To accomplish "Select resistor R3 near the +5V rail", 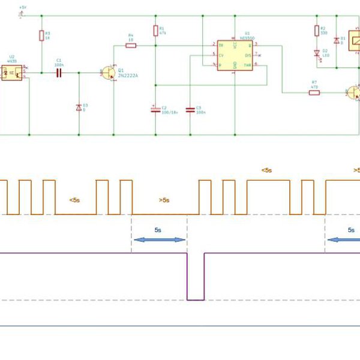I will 41,35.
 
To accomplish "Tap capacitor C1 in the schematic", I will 59,73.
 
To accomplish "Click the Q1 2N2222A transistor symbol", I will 108,73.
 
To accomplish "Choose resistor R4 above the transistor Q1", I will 131,45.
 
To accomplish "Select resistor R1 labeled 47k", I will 155,31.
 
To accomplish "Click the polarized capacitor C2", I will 155,110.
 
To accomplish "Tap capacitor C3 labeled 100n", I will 190,110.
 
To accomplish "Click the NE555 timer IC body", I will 235,55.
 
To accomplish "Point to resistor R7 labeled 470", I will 314,92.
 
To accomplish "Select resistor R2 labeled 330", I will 316,31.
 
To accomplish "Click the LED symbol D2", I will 316,53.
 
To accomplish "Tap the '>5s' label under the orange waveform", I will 164,200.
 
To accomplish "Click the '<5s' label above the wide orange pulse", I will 266,170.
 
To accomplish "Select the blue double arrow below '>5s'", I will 159,239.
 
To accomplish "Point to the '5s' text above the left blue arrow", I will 158,229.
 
